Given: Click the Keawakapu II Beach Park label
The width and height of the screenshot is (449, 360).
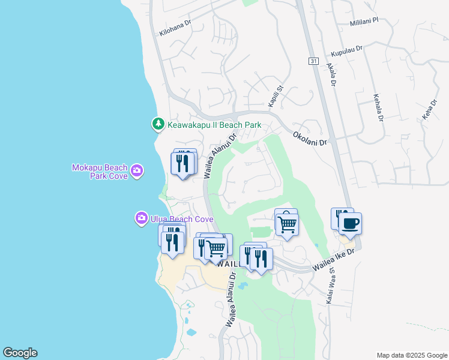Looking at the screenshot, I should point(214,125).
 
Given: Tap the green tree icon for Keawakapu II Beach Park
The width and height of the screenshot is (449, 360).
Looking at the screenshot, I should point(158,124).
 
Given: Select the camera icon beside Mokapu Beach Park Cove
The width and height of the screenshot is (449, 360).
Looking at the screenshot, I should point(137,172).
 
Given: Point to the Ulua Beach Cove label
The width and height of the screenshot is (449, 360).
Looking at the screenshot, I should point(173,219).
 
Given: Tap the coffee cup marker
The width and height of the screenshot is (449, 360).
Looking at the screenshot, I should point(350,224).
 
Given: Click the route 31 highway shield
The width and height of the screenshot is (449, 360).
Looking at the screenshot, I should point(313,61).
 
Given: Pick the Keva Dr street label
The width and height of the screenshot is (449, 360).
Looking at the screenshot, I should point(427,109).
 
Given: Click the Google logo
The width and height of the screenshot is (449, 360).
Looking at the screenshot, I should point(20,353).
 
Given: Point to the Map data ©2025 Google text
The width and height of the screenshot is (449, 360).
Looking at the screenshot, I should point(412,355).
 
